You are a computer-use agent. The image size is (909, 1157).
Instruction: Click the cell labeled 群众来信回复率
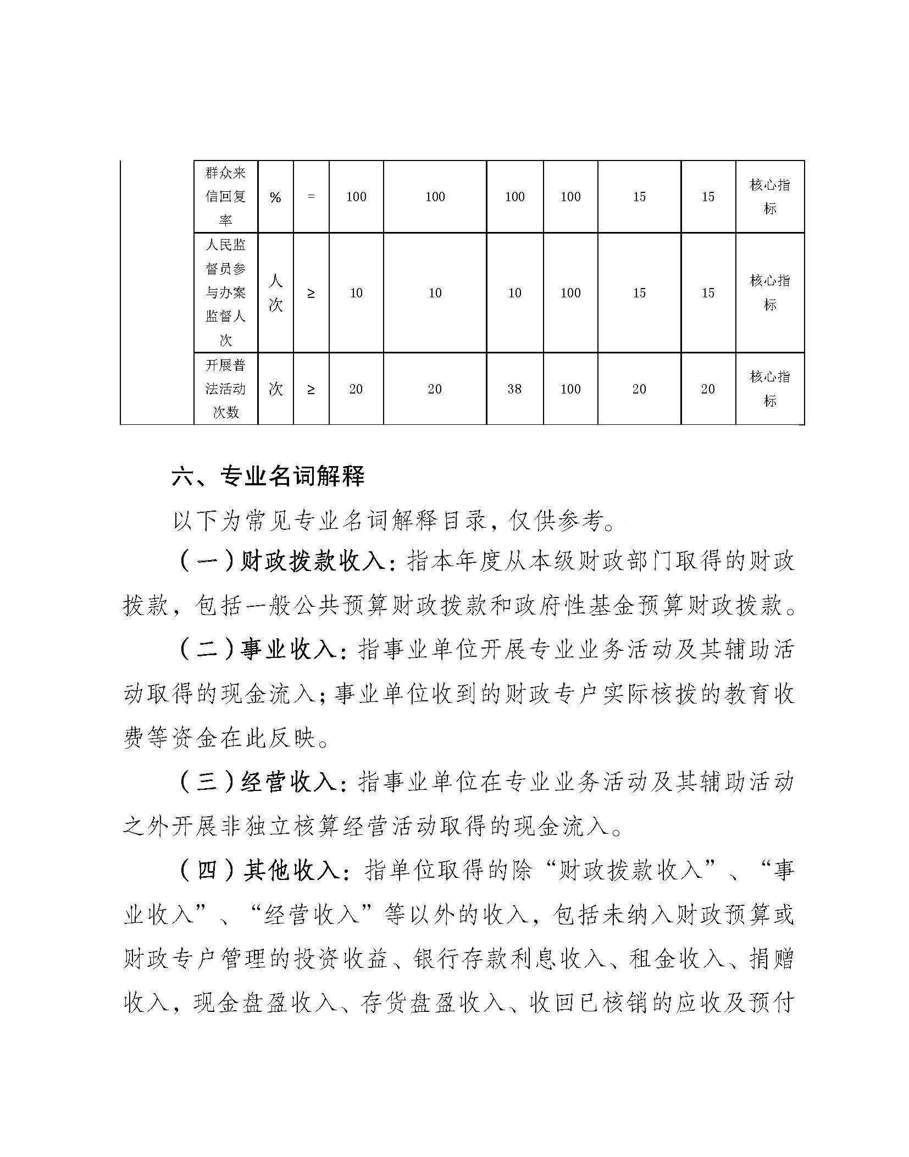pos(225,197)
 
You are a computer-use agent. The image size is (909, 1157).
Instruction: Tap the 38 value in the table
pos(514,389)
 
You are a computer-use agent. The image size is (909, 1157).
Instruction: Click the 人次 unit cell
pos(275,293)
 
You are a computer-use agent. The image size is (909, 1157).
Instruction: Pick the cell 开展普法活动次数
pos(225,389)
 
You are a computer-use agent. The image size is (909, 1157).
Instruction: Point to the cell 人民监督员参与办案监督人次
pos(225,293)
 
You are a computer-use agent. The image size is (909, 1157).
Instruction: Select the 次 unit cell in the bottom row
pos(275,389)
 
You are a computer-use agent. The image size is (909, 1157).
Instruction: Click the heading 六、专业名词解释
pos(268,477)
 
